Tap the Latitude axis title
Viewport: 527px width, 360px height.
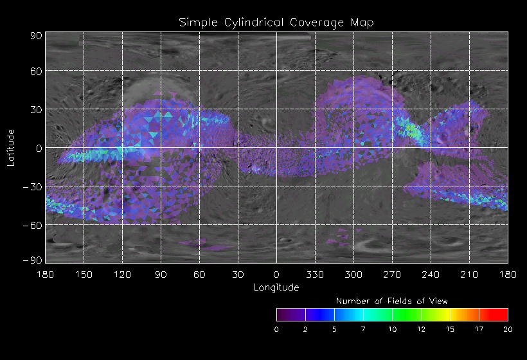pos(11,147)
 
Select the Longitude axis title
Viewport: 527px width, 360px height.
pos(276,287)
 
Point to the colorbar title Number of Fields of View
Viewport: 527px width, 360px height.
pos(392,301)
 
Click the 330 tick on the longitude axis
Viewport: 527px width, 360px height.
pos(315,274)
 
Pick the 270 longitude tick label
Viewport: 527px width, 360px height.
pos(392,274)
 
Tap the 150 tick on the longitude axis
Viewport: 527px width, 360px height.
pos(84,274)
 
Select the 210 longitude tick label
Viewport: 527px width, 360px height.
pos(469,274)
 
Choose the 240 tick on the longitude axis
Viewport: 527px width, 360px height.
pos(431,274)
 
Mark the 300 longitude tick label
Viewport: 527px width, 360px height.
pos(353,274)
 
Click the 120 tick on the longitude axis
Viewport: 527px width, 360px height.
pos(122,274)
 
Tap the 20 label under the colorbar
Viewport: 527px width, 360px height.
pos(508,329)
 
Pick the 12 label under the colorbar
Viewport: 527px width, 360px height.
pos(421,329)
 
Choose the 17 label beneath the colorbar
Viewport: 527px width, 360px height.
pos(479,329)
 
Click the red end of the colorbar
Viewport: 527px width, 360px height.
pos(501,314)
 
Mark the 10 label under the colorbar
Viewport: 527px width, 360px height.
pos(392,329)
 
